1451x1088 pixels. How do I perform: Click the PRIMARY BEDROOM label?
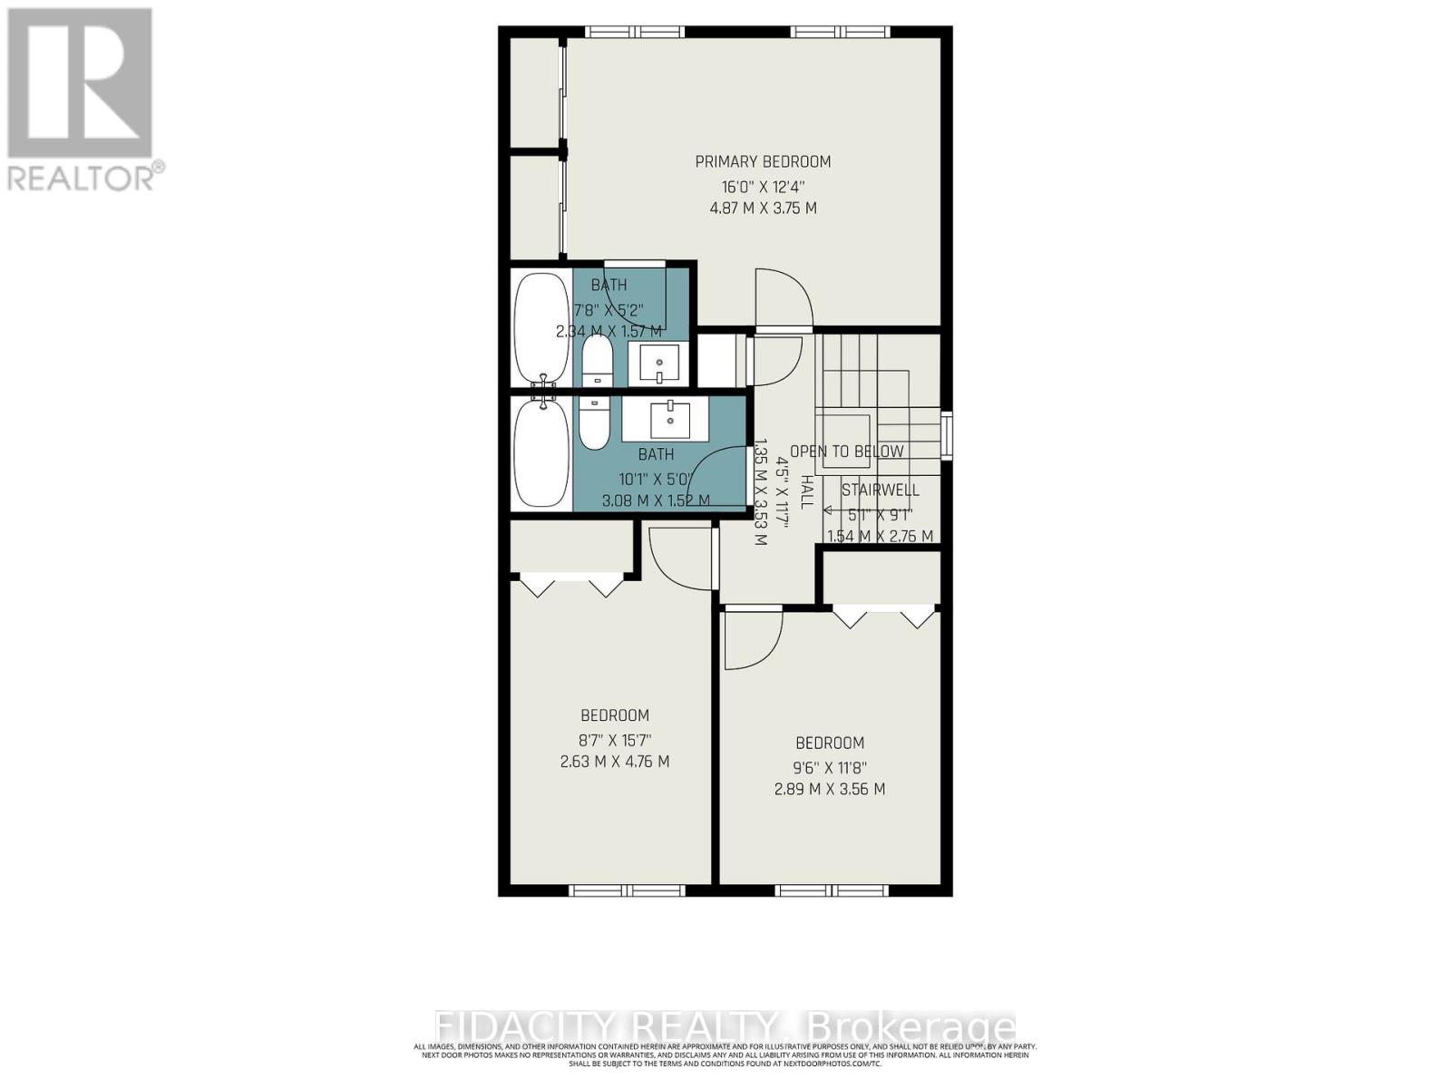point(763,161)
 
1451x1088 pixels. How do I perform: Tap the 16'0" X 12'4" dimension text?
point(763,186)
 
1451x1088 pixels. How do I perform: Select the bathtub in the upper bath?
point(541,328)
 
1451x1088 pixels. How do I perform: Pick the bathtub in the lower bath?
point(541,453)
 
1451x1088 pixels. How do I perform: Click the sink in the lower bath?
point(669,420)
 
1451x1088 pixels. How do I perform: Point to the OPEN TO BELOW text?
point(847,452)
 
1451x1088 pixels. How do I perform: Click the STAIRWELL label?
point(880,491)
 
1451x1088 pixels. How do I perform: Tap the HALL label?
point(804,491)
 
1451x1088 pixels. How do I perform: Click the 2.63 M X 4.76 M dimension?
point(615,762)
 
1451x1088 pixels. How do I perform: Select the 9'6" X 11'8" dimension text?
point(829,766)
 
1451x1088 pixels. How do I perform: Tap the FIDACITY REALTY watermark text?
point(725,1028)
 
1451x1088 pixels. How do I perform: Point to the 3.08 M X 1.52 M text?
point(656,500)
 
